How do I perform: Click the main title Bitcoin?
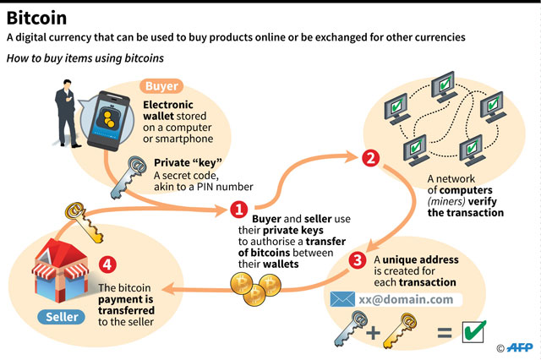point(38,16)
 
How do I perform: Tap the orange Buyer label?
point(161,85)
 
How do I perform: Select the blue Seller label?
point(59,318)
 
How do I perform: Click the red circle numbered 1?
point(239,209)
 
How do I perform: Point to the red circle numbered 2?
point(369,158)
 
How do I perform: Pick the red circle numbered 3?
point(358,260)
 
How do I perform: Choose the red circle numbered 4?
point(107,264)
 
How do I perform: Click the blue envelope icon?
point(342,299)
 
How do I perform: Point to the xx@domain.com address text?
point(405,299)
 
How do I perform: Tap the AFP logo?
point(519,347)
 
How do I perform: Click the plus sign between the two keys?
point(372,332)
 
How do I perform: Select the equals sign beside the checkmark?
point(443,332)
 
